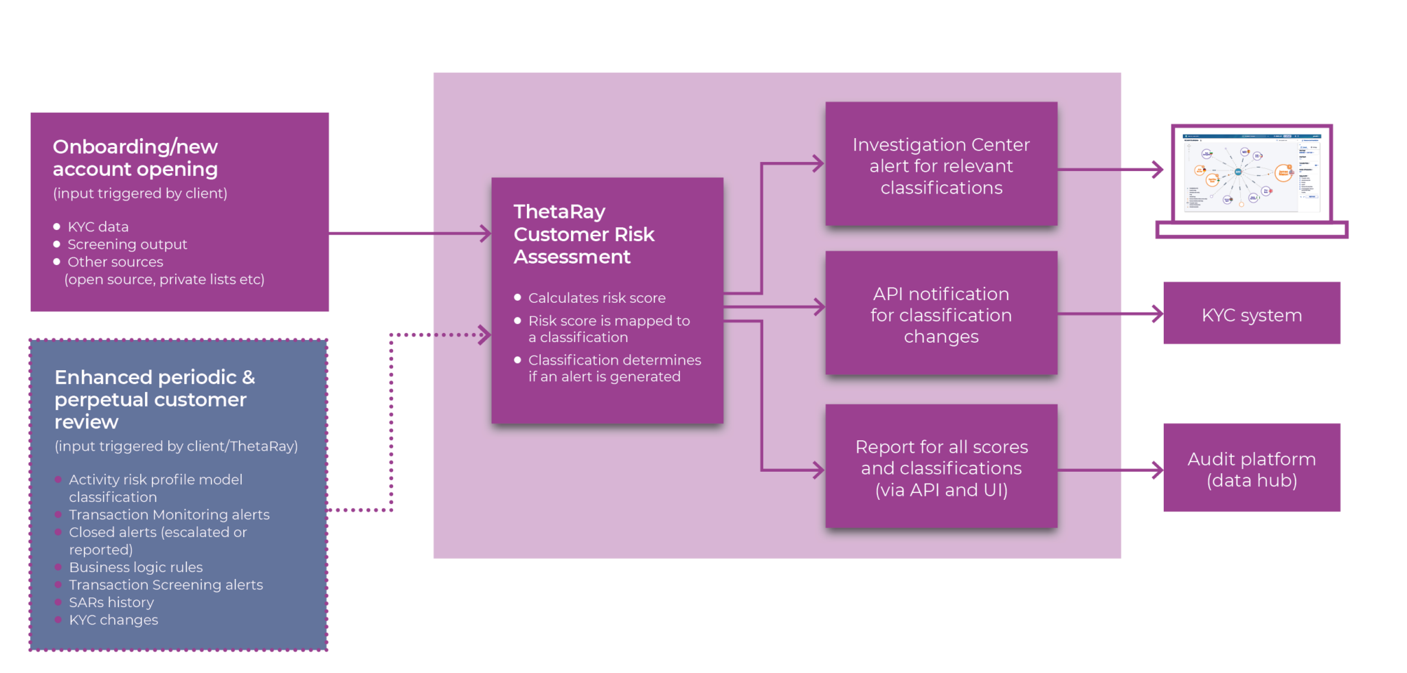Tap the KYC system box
coord(1252,315)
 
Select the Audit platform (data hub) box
coord(1252,469)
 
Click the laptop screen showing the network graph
coord(1252,173)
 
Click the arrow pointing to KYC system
coord(1144,315)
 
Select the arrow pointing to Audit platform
coord(1144,470)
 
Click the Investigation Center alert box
coord(941,166)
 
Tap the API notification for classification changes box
coord(941,315)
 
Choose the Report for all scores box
coord(941,468)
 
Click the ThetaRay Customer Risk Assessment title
coord(583,234)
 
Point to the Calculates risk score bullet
coord(596,298)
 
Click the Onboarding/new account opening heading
coord(135,158)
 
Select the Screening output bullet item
coord(127,244)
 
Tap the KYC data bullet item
coord(98,227)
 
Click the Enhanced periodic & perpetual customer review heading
coord(154,399)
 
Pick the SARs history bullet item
coord(111,602)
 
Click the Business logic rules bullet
coord(136,567)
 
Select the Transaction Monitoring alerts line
coord(169,514)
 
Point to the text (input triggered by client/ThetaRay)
coord(176,446)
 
